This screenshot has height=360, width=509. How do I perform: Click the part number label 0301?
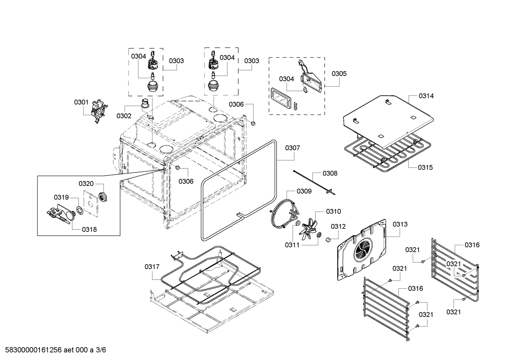pos(81,102)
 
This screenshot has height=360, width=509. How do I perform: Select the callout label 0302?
pos(124,116)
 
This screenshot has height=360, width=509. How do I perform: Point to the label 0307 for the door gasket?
pos(293,148)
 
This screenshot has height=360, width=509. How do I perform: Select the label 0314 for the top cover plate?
pos(426,96)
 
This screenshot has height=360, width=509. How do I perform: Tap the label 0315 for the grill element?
pos(425,167)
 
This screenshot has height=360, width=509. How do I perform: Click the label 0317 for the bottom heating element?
pos(152,267)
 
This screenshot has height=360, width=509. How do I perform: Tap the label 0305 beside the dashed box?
pos(339,73)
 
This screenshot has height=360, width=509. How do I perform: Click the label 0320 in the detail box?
pos(86,183)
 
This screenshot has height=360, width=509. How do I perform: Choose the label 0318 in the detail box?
pos(89,229)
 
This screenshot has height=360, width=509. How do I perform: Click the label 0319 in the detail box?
pos(61,197)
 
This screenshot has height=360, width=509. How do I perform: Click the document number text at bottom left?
pos(53,350)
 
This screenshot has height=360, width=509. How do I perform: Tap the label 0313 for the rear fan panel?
pos(400,224)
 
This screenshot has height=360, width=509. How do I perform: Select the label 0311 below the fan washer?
pos(292,244)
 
